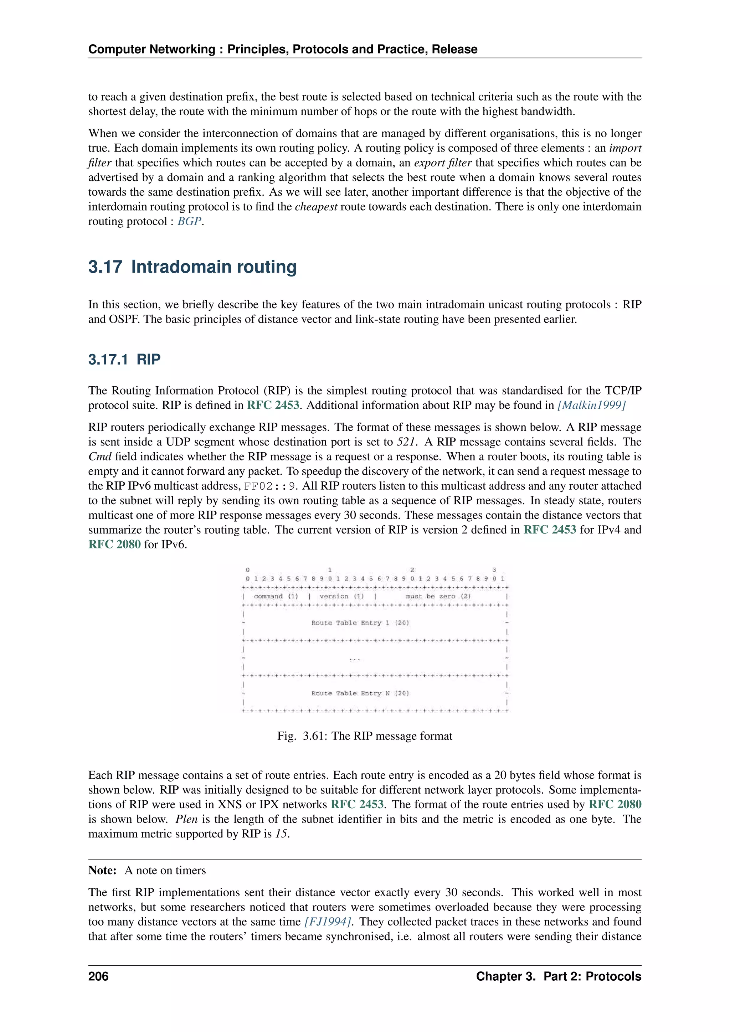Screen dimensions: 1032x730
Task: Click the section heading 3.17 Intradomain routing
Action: tap(192, 267)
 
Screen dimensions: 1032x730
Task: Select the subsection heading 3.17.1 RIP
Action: tap(124, 360)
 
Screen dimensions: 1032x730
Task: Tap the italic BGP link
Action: tap(189, 222)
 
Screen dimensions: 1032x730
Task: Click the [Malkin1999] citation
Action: tap(592, 406)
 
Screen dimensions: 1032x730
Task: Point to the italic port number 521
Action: tap(406, 442)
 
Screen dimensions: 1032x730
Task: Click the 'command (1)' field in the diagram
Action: tap(276, 597)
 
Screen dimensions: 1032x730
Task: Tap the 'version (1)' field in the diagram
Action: tap(341, 597)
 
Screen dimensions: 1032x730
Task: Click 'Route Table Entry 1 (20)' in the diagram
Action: tap(360, 623)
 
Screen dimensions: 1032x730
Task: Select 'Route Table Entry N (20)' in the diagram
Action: tap(360, 693)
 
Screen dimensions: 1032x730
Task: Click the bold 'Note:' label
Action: tap(103, 871)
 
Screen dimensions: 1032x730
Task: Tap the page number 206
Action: tap(98, 977)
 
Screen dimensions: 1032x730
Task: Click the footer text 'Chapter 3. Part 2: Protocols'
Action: tap(558, 977)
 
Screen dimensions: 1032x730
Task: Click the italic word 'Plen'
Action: tap(186, 819)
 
